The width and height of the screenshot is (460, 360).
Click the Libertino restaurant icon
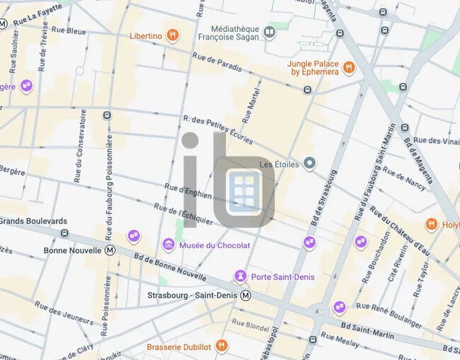tap(173, 35)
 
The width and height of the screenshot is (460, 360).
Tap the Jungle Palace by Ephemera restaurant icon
tap(348, 67)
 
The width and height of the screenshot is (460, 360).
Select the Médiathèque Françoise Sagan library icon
tap(269, 31)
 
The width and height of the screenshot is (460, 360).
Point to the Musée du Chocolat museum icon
tap(168, 245)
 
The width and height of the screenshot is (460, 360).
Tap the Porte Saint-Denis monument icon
tap(241, 276)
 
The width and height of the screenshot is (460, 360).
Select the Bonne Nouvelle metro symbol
tap(110, 250)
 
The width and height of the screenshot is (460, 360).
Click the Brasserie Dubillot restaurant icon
tap(222, 346)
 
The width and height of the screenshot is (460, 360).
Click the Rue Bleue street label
tap(67, 31)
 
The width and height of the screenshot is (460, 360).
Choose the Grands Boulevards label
tap(33, 221)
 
